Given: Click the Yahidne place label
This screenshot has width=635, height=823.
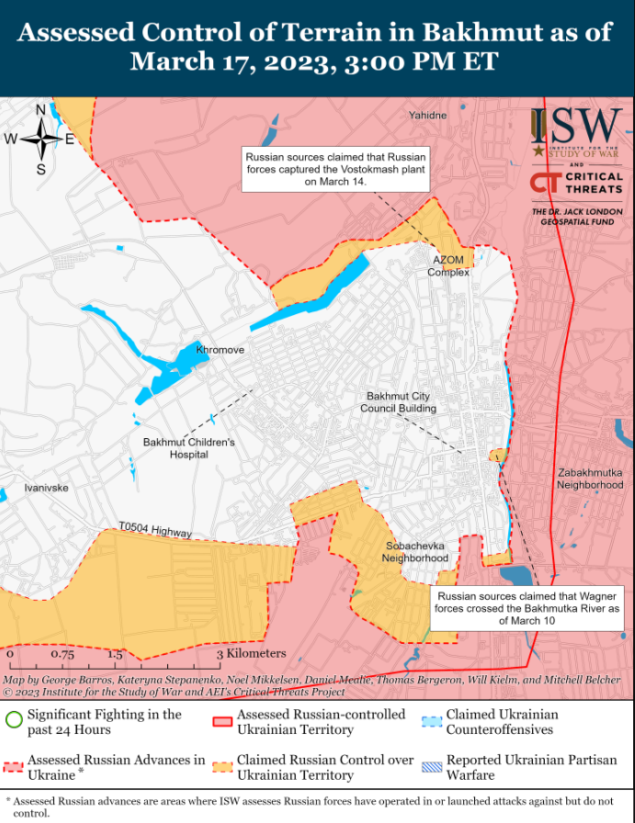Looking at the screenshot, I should click(428, 116).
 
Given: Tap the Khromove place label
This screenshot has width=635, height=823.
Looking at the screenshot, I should click(221, 351).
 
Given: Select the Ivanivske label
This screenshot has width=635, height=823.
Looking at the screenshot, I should click(46, 488).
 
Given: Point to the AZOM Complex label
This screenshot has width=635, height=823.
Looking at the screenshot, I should click(448, 266).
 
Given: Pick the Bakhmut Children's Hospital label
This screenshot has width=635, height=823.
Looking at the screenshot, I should click(188, 448).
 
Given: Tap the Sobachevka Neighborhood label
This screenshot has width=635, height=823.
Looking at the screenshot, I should click(416, 552).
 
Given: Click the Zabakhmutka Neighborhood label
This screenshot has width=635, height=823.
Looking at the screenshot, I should click(590, 479).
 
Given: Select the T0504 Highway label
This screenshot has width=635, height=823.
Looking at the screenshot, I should click(154, 530).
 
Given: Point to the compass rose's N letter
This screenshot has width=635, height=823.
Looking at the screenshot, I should click(41, 111).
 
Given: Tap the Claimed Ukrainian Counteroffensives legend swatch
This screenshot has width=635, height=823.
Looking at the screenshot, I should click(432, 721).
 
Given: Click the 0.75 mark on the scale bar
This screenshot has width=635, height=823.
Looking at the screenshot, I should click(62, 655).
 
